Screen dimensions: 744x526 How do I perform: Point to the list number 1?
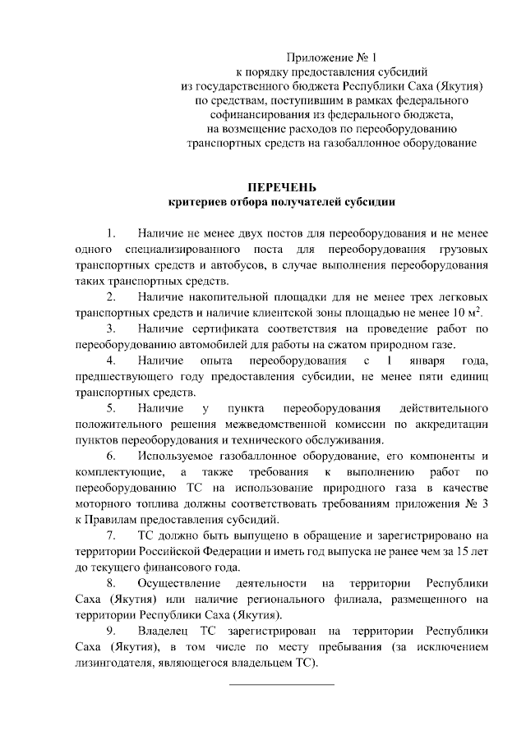coord(112,232)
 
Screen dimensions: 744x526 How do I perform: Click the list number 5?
coord(112,407)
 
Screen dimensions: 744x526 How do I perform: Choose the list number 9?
coord(112,631)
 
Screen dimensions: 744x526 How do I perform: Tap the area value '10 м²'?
coord(464,311)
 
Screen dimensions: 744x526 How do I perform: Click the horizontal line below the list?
coord(281,683)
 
